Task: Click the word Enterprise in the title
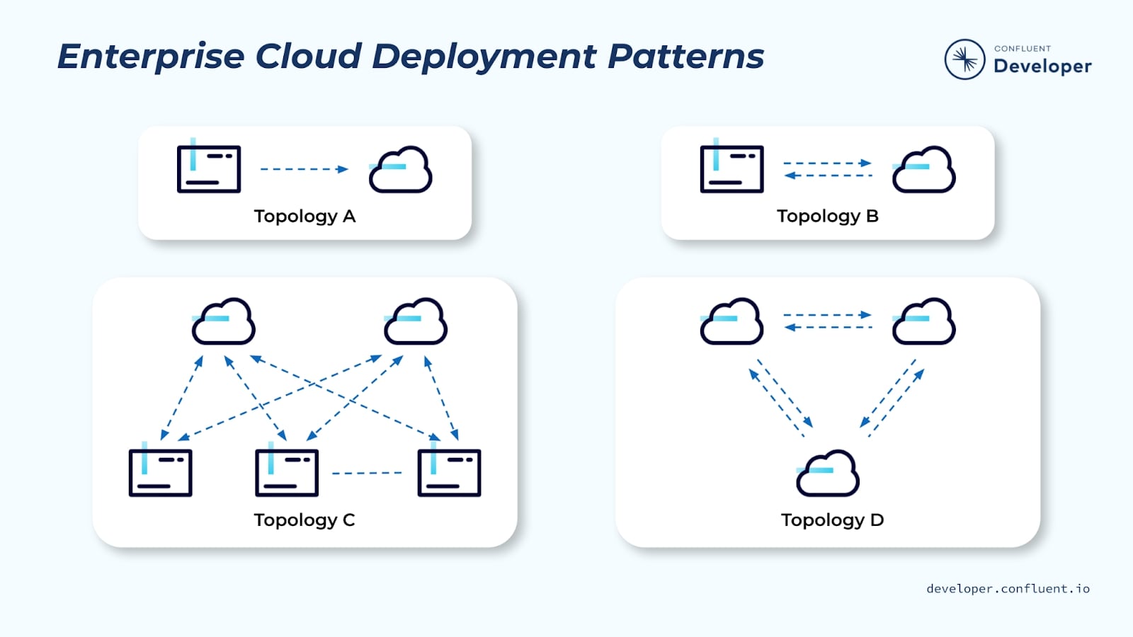tap(150, 57)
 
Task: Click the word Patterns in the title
tap(685, 57)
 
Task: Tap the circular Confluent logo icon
tap(964, 59)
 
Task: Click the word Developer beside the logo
tap(1042, 67)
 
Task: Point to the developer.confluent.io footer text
tap(1008, 589)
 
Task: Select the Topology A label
tap(304, 217)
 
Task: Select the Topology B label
tap(827, 217)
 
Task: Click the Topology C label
tap(304, 520)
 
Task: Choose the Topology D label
tap(832, 520)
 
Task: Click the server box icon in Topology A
tap(209, 168)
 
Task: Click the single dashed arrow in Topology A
tap(304, 169)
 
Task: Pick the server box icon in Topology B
tap(731, 168)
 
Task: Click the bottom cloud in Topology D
tap(828, 474)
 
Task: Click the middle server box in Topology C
tap(287, 472)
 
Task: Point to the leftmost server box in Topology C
tap(161, 472)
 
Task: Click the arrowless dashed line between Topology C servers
tap(367, 473)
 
